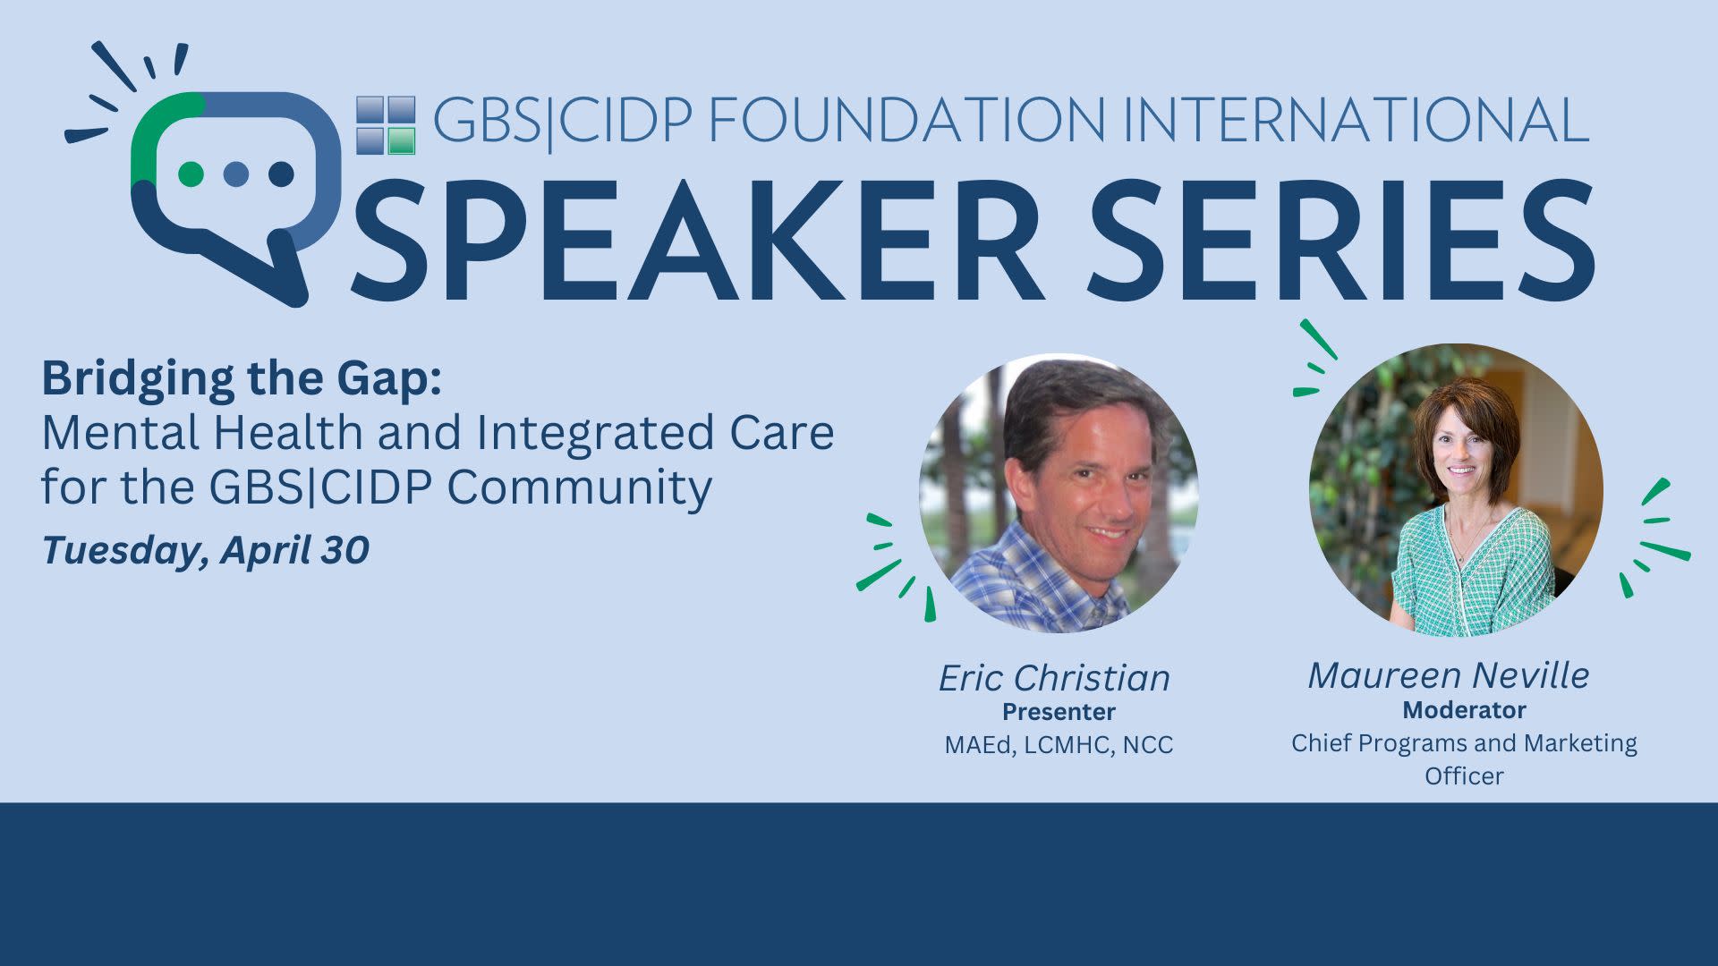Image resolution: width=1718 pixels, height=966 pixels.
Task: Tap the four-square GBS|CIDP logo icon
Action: coord(386,125)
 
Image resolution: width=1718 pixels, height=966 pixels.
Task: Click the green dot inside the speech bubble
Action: coord(191,174)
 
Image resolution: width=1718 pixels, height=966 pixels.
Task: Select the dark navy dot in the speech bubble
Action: coord(282,174)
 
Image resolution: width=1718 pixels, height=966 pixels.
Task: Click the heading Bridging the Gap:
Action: coord(242,378)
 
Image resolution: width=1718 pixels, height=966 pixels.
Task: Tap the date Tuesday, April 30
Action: coord(205,550)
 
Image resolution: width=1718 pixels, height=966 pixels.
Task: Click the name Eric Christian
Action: coord(1054,678)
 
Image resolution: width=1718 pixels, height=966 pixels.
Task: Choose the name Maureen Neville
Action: coord(1448,675)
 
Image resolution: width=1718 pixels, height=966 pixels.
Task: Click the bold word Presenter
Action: coord(1059,712)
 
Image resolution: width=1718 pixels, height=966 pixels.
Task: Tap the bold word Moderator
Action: coord(1464,710)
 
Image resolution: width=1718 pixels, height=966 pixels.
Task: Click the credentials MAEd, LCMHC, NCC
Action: coord(1059,745)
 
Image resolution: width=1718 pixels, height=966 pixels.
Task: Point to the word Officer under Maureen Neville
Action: coord(1464,775)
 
